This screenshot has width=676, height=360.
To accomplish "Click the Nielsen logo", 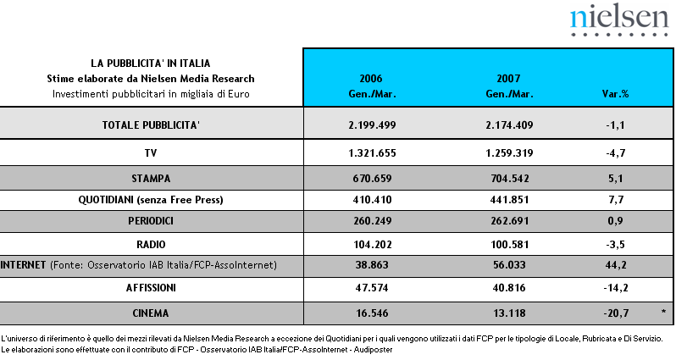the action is [x=619, y=20].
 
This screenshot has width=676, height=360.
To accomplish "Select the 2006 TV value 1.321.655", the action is [x=372, y=153].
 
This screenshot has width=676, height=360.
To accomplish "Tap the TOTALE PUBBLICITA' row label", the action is [x=151, y=125].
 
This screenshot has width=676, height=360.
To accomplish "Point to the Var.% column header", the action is [x=615, y=93].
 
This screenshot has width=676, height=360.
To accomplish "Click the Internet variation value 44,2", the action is [x=616, y=265].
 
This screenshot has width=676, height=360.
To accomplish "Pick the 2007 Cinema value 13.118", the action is [x=509, y=313].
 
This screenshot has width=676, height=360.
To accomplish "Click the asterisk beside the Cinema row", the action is [x=663, y=311].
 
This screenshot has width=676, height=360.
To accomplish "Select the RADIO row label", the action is [x=151, y=245].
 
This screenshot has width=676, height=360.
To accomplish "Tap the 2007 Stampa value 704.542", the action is [x=510, y=179].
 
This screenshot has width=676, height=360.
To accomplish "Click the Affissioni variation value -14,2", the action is [x=616, y=287].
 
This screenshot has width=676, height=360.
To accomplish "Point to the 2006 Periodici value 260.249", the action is [x=372, y=221].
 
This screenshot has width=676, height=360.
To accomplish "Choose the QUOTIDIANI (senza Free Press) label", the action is [x=151, y=200].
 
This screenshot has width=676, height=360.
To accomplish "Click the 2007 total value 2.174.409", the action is [x=509, y=125].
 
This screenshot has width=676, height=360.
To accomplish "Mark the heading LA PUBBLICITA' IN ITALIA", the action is [x=151, y=64].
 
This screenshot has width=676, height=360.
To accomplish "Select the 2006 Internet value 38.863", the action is [x=372, y=265].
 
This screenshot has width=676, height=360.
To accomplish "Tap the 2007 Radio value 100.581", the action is [x=509, y=245].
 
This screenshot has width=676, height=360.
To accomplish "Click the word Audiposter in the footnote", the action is [x=373, y=350].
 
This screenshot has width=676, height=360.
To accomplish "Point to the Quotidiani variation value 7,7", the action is [x=616, y=200].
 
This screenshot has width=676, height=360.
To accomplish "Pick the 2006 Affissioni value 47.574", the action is [x=372, y=287].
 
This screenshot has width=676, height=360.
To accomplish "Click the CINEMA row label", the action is [x=151, y=313].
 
